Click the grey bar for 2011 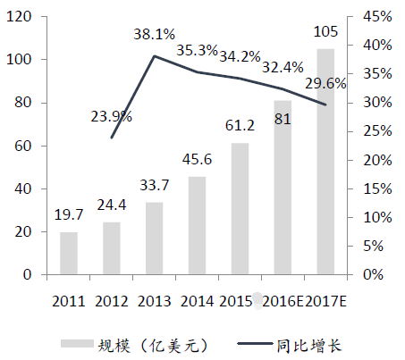click(x=69, y=253)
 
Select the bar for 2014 click(x=197, y=225)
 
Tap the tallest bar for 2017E click(x=325, y=162)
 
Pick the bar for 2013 click(x=155, y=239)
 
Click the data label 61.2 click(x=240, y=125)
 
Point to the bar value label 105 click(x=325, y=31)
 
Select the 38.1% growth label click(x=154, y=34)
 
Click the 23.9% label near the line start click(x=111, y=116)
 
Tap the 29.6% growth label click(x=325, y=84)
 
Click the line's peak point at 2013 click(x=154, y=55)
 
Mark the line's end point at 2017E click(x=325, y=105)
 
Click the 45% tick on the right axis click(x=377, y=16)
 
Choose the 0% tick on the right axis click(x=373, y=274)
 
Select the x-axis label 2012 click(x=112, y=302)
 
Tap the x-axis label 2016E click(x=283, y=302)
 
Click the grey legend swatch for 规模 click(x=77, y=343)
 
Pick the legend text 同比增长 click(x=308, y=346)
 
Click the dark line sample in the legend click(x=255, y=344)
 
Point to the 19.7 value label click(x=69, y=214)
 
